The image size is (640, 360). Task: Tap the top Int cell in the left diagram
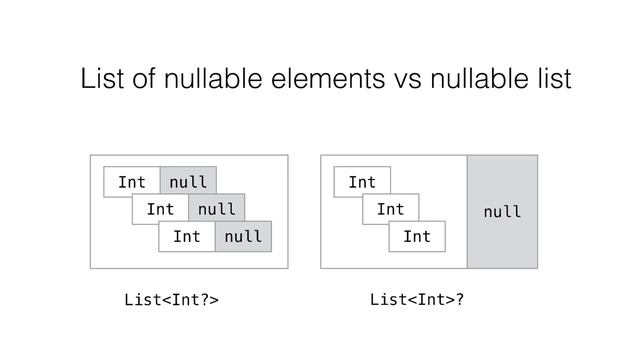click(132, 183)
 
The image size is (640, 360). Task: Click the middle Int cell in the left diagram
click(159, 210)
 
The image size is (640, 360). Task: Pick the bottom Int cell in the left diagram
click(186, 237)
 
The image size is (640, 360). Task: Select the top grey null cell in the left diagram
click(188, 183)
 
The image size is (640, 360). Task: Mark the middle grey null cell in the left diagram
click(216, 210)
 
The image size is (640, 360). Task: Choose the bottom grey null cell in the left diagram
click(243, 237)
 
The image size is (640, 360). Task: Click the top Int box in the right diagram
click(362, 182)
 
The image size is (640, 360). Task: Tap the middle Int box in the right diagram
click(390, 210)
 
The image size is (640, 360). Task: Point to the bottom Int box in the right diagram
click(417, 237)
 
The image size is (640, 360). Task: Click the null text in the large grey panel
click(502, 212)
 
